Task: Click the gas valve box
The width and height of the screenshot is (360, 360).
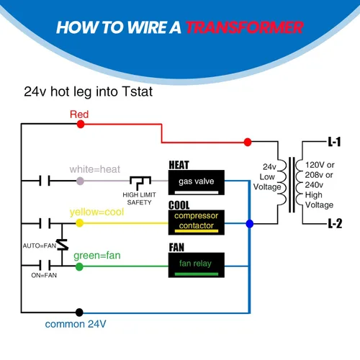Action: click(197, 182)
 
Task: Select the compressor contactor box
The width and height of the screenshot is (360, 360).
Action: click(197, 222)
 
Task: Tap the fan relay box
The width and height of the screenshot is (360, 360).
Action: click(197, 265)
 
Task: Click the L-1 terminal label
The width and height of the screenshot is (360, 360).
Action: click(335, 142)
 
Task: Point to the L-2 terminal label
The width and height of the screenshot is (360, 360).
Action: click(335, 223)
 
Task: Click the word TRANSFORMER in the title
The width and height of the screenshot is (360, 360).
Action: click(245, 27)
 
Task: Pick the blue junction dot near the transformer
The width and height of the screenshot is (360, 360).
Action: click(250, 224)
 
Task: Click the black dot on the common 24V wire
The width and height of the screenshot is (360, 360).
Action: click(79, 312)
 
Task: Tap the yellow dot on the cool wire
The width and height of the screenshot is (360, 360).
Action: click(80, 223)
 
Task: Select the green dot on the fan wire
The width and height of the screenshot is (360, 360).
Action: click(79, 266)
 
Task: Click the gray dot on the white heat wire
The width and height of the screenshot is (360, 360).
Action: click(80, 181)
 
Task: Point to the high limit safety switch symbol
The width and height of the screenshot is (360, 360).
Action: click(140, 183)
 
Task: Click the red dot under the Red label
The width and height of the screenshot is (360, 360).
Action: click(81, 124)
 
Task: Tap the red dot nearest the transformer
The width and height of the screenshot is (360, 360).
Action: click(248, 142)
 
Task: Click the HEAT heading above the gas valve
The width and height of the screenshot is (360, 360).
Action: click(179, 165)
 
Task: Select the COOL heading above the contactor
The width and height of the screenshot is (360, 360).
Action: click(179, 205)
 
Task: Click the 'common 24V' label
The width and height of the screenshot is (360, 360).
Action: click(76, 324)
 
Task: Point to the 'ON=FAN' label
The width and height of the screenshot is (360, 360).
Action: click(44, 275)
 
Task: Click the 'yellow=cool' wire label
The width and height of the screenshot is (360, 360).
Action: click(96, 212)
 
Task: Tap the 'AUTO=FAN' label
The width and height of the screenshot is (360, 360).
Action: click(40, 246)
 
